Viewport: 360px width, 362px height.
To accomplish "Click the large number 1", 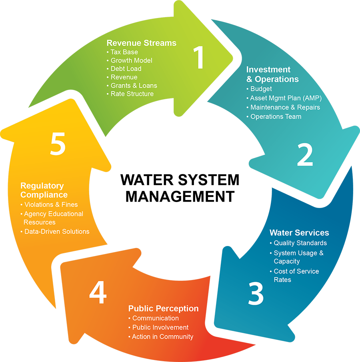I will tap(199, 58).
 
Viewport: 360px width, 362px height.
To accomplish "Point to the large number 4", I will tap(98, 292).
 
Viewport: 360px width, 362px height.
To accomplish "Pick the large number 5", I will tap(58, 144).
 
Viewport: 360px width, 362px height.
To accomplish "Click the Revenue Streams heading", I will tap(141, 43).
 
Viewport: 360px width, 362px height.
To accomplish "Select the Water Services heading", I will tap(299, 233).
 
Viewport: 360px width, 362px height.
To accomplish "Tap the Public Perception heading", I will tap(163, 308).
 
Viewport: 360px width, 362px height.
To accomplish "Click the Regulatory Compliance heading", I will tap(44, 190).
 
